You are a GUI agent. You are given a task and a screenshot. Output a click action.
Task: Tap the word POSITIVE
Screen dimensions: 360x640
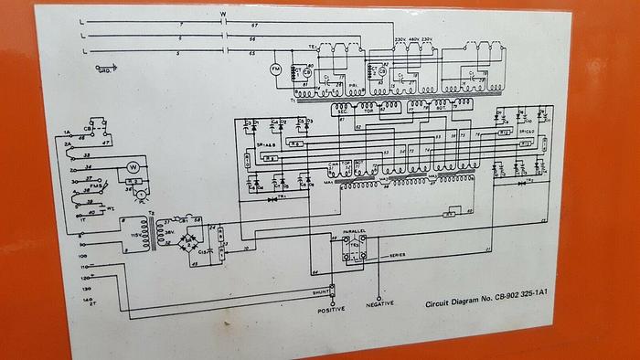pyautogui.click(x=332, y=309)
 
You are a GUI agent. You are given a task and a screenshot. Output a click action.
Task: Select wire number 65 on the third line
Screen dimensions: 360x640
pyautogui.click(x=251, y=56)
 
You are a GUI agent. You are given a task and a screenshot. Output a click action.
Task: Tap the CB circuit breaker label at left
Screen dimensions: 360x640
pyautogui.click(x=88, y=129)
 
